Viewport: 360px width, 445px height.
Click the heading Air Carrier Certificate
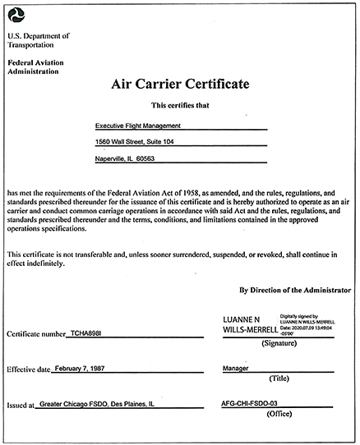tap(180, 85)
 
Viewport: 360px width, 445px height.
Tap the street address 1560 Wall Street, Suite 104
tap(135, 142)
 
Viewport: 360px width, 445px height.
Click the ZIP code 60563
tap(143, 158)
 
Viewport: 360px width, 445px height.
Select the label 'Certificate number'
tap(36, 334)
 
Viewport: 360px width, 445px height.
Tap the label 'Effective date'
tap(30, 370)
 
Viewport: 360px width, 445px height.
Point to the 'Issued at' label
tap(21, 406)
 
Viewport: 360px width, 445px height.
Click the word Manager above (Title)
tap(237, 369)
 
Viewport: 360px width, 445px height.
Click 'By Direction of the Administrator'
tap(294, 290)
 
